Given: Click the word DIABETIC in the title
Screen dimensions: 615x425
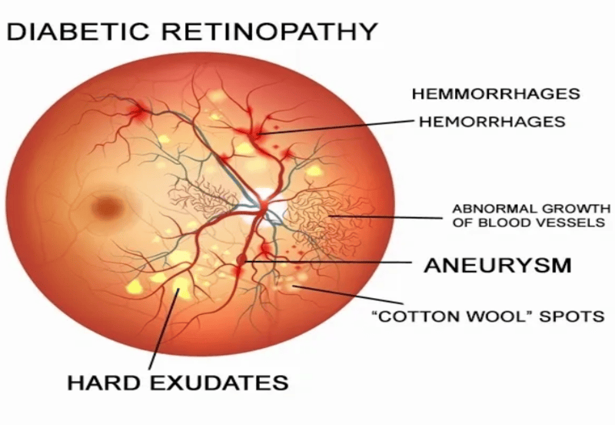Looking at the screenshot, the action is pyautogui.click(x=78, y=32).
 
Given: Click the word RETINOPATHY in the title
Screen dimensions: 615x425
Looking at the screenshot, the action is pyautogui.click(x=270, y=32).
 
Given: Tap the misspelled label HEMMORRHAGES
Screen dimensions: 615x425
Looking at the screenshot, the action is pyautogui.click(x=496, y=94).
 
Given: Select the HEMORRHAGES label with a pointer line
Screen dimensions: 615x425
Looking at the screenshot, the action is pyautogui.click(x=492, y=122).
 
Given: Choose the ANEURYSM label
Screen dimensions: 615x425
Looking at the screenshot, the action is pyautogui.click(x=497, y=266).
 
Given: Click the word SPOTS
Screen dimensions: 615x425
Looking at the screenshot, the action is pyautogui.click(x=571, y=316).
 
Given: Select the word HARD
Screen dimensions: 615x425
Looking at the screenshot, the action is pyautogui.click(x=104, y=383).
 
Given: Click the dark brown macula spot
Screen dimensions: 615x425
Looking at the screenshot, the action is pyautogui.click(x=107, y=206).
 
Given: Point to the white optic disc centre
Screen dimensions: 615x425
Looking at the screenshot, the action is pyautogui.click(x=266, y=202).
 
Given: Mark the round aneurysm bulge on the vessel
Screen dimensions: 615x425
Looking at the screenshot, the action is pyautogui.click(x=241, y=259).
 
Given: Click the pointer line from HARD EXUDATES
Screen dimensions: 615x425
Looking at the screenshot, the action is pyautogui.click(x=164, y=330).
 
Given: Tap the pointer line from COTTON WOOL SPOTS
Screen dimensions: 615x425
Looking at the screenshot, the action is pyautogui.click(x=348, y=295).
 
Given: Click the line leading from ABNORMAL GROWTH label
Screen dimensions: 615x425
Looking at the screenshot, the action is pyautogui.click(x=386, y=217).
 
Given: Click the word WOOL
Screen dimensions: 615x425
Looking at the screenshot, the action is pyautogui.click(x=502, y=316).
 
